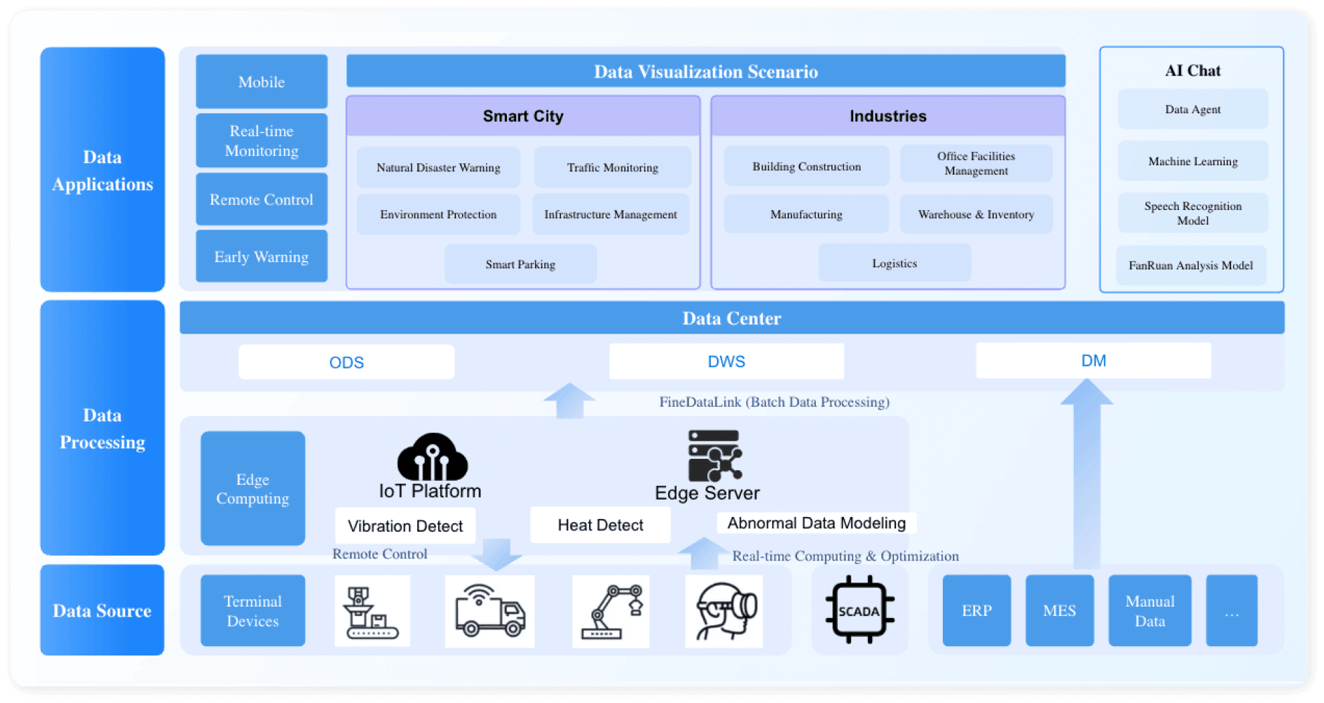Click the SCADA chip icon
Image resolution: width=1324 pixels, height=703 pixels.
tap(859, 610)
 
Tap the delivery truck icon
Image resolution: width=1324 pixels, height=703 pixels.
tap(489, 611)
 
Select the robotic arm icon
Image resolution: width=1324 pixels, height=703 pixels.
tap(611, 611)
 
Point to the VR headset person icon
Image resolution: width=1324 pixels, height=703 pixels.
tap(724, 611)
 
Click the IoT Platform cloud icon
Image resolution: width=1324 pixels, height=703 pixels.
tap(432, 458)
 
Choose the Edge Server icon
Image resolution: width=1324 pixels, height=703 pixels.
tap(714, 456)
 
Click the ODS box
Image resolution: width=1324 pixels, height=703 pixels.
tap(346, 362)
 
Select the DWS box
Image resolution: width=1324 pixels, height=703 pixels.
tap(726, 361)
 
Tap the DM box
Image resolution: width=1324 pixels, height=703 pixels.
tap(1093, 361)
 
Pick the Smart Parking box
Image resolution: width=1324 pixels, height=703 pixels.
tap(520, 264)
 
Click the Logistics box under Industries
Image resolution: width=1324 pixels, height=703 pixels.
tap(894, 263)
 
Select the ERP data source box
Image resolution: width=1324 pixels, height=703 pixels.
tap(976, 610)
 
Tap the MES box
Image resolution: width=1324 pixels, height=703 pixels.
tap(1059, 610)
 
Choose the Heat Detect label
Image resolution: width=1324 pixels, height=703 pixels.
tap(600, 525)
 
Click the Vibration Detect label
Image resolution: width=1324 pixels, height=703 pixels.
tap(405, 526)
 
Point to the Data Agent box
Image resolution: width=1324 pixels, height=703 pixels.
tap(1192, 109)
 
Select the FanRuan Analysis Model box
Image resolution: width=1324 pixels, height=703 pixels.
tap(1190, 265)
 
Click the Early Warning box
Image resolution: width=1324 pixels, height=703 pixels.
tap(261, 257)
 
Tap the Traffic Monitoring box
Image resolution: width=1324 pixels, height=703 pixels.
tap(613, 167)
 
